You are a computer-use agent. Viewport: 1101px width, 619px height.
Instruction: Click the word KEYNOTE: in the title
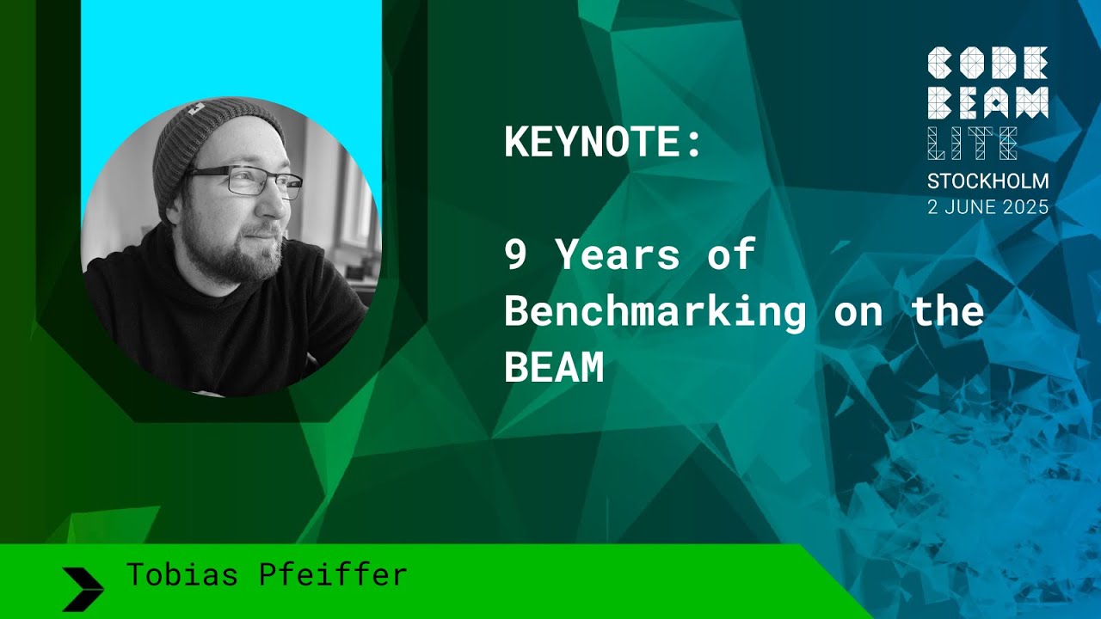(603, 143)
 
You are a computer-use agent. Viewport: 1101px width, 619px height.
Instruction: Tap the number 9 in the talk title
(515, 255)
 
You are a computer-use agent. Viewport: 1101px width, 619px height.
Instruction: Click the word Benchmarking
(655, 312)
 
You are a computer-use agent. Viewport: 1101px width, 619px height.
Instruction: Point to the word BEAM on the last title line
(554, 369)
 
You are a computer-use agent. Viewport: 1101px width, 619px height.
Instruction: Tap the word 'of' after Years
(730, 255)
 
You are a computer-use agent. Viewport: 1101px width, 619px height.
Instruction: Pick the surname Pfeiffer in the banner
(333, 574)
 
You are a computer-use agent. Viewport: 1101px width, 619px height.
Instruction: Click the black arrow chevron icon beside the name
(83, 588)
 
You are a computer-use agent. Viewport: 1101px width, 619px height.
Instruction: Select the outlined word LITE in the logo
(972, 143)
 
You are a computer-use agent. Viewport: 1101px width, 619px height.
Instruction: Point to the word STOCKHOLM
(987, 181)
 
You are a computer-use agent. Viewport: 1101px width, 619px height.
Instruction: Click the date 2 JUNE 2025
(987, 207)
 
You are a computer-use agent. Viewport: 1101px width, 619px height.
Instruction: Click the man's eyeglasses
(246, 181)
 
